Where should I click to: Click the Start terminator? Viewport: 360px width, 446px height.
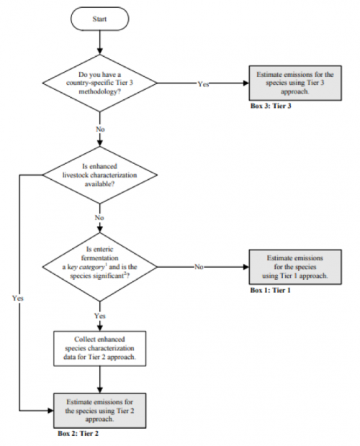99,19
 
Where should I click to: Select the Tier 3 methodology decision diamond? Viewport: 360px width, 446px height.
99,83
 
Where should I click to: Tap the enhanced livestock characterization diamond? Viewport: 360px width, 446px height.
99,175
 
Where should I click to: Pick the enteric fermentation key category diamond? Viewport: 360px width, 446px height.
99,267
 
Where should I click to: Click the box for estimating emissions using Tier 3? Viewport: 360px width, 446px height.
295,83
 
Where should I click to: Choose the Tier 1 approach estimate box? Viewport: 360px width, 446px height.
295,267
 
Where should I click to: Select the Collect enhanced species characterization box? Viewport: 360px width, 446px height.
99,348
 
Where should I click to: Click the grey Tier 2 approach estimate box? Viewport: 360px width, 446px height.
99,411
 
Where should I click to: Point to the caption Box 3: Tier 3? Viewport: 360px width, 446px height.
271,106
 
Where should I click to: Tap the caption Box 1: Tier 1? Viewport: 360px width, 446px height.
270,290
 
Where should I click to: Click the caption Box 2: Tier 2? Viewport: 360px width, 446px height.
78,434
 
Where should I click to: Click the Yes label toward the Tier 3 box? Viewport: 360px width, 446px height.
203,84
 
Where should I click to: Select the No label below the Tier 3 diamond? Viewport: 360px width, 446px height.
100,129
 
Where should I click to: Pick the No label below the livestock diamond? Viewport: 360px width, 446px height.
99,217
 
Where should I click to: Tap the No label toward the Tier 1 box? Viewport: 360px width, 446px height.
199,267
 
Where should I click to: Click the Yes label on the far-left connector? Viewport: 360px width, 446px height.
18,298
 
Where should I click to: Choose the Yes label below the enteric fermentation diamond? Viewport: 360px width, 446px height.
100,316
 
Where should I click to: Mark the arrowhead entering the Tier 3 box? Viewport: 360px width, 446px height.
246,83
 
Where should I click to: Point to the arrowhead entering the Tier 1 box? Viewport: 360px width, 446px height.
246,267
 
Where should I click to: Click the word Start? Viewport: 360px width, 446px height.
99,19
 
